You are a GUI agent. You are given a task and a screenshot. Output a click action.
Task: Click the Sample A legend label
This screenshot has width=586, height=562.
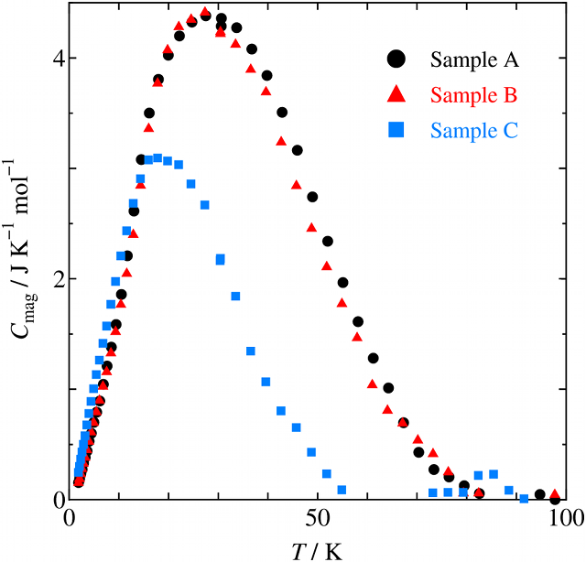click(475, 60)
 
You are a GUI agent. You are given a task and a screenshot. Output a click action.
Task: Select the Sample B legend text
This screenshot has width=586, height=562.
click(474, 95)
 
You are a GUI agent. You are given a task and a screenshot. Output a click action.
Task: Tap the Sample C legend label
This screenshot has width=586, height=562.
click(474, 130)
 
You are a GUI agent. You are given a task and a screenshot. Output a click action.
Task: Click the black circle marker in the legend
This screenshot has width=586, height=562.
click(396, 59)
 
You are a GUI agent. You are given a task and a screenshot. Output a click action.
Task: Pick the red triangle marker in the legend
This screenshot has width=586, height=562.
click(396, 94)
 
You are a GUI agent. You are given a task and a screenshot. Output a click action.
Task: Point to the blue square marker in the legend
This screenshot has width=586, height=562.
click(396, 130)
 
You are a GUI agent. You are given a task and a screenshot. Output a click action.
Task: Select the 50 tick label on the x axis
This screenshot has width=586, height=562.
click(318, 518)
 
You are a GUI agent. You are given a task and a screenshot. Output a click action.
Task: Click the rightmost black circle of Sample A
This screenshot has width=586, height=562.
click(555, 499)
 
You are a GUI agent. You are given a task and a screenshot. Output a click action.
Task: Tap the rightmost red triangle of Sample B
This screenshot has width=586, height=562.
click(555, 494)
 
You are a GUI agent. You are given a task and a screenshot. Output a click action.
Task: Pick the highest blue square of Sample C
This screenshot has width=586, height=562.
click(157, 158)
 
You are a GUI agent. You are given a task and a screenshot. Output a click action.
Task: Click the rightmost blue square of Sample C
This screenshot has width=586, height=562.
click(525, 499)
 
